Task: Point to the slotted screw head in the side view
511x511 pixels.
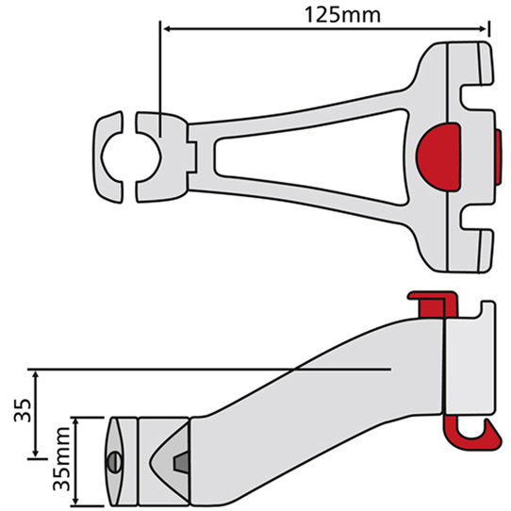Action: click(x=114, y=462)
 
